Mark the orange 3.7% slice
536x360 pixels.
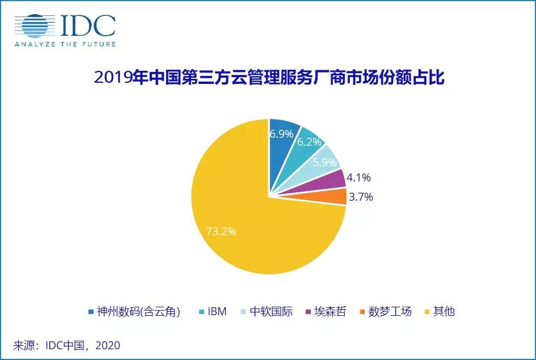pyautogui.click(x=338, y=197)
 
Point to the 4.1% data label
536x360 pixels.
pyautogui.click(x=358, y=178)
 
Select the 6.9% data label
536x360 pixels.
pyautogui.click(x=282, y=134)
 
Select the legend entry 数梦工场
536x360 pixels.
pyautogui.click(x=385, y=311)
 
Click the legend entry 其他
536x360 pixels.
pyautogui.click(x=439, y=311)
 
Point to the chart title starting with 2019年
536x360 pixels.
pyautogui.click(x=269, y=78)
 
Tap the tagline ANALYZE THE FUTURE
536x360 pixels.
pyautogui.click(x=65, y=44)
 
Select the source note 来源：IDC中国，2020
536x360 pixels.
pyautogui.click(x=67, y=345)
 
